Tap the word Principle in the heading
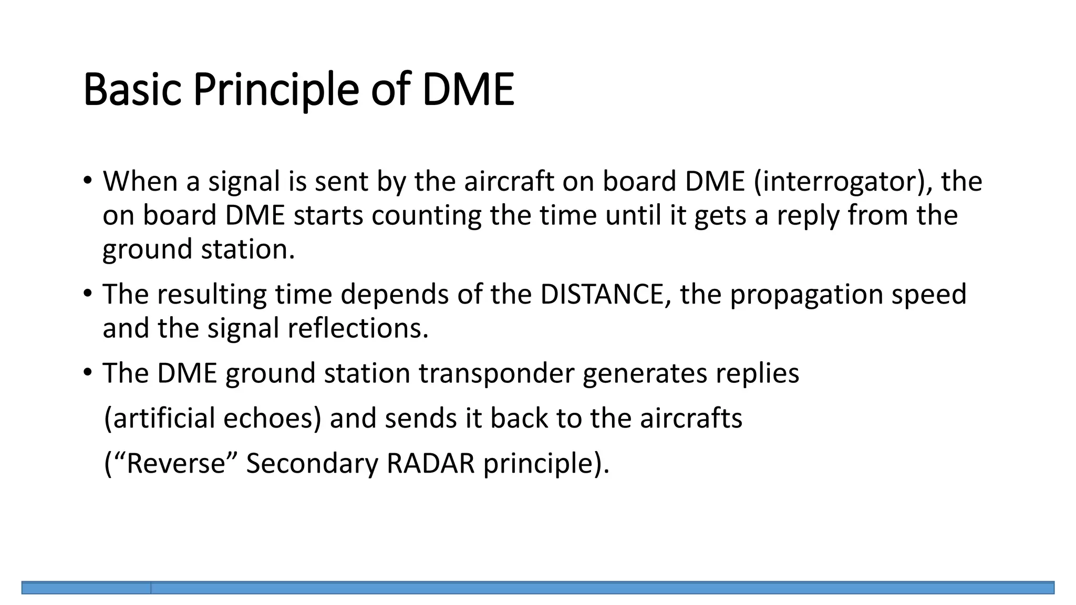(x=276, y=90)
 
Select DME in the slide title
(x=468, y=90)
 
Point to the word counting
(x=426, y=215)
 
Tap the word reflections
(x=358, y=328)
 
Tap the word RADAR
(x=430, y=464)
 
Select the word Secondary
(x=312, y=464)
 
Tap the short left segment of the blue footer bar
(x=86, y=588)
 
